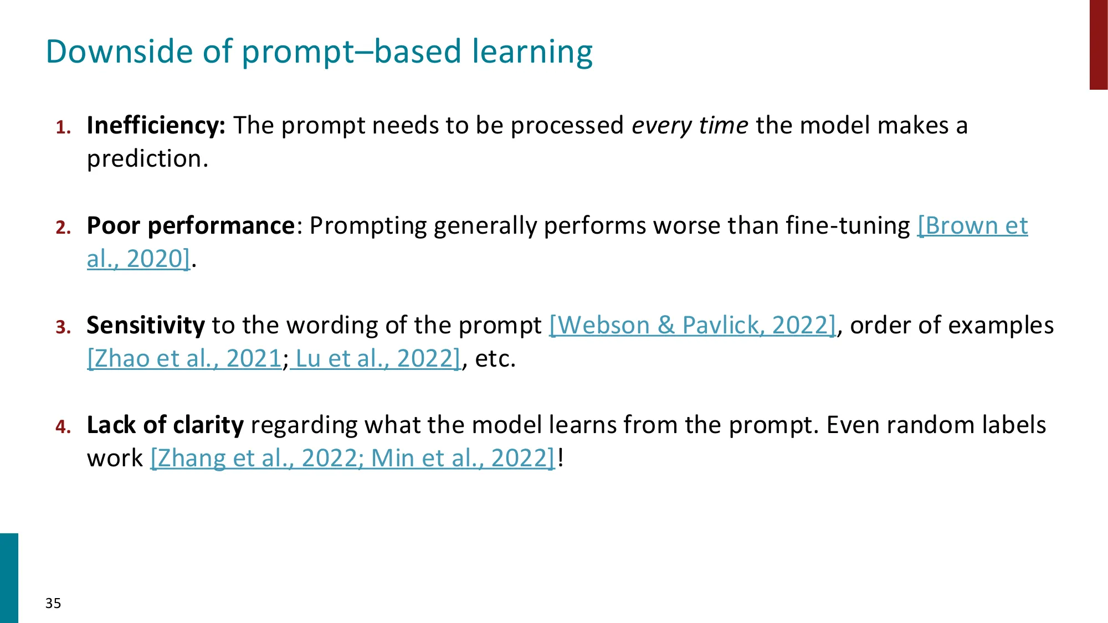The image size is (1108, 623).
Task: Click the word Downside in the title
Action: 119,52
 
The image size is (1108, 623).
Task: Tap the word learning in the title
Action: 532,52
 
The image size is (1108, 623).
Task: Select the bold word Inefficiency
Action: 156,126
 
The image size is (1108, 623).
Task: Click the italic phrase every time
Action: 690,126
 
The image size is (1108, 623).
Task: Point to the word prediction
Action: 147,159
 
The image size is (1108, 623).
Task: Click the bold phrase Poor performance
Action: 191,226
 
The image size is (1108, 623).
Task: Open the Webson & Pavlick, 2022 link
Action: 693,326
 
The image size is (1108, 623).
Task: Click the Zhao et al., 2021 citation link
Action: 184,359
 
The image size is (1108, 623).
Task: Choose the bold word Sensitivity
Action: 146,326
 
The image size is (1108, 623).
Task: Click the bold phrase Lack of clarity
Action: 165,425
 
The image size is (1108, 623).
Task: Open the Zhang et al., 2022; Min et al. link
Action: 352,459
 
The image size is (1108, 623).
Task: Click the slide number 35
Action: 53,603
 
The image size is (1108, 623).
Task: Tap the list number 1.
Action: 63,128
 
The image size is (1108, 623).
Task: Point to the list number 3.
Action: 63,327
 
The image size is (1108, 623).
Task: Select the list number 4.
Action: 63,427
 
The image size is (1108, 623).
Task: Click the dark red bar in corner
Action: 1098,44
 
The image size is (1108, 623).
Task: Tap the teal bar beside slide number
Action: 9,578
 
